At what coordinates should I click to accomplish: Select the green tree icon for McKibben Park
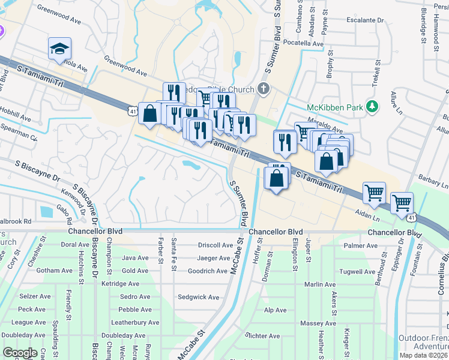pyautogui.click(x=373, y=107)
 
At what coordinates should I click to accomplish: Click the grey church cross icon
pyautogui.click(x=262, y=89)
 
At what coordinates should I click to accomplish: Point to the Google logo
pyautogui.click(x=20, y=353)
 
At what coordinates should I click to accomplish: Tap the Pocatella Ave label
pyautogui.click(x=303, y=44)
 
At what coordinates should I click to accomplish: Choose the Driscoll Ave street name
pyautogui.click(x=215, y=245)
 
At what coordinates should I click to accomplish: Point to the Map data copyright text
pyautogui.click(x=423, y=356)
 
